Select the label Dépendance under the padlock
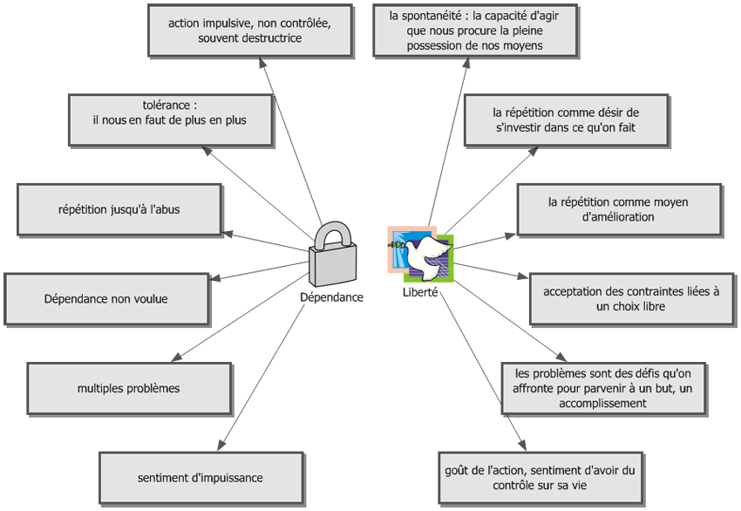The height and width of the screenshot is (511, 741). coord(331,297)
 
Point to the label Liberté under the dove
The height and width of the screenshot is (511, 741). coord(420,292)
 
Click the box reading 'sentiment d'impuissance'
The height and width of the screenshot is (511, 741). coord(201,478)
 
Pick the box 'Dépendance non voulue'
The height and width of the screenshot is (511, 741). coord(106,299)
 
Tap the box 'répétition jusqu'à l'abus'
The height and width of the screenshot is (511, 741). coord(119,210)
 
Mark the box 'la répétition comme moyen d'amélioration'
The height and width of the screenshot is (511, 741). coord(618,209)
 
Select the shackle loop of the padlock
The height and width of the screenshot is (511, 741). coord(335,235)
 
